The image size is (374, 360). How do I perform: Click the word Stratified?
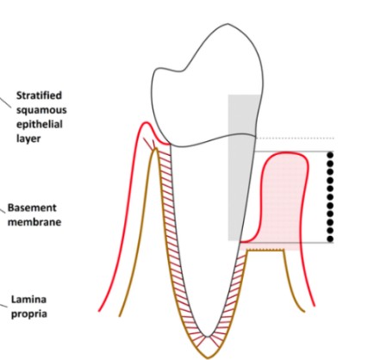39,96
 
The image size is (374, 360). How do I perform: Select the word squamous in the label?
41,110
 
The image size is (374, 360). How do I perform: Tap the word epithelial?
40,124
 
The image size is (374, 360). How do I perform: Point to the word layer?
28,139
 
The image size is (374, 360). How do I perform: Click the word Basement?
32,208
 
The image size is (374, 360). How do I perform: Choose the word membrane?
34,222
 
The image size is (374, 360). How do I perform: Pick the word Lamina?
28,300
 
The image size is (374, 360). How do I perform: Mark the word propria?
29,313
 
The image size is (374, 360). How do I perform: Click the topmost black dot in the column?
330,155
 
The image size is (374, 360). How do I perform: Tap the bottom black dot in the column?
330,239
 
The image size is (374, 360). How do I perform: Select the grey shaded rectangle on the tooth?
241,167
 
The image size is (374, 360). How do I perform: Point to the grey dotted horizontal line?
295,138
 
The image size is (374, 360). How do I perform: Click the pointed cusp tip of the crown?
228,24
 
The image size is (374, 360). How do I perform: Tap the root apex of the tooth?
207,336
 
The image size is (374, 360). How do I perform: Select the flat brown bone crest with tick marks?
265,250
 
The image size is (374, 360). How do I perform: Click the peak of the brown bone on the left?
155,149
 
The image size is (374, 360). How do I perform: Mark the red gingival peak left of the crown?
146,122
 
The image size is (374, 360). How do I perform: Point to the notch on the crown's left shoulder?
180,71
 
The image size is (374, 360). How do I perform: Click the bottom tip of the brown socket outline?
207,357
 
